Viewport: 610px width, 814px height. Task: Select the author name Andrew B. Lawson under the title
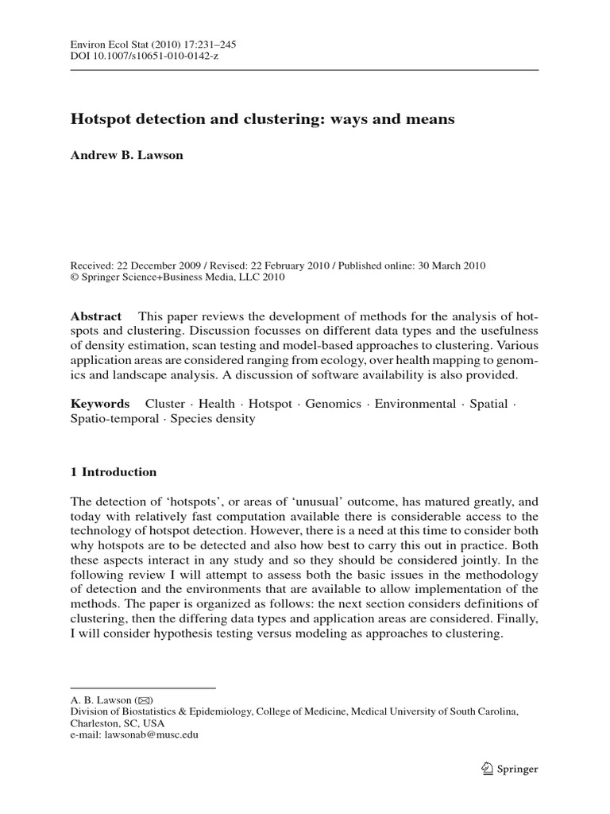click(126, 155)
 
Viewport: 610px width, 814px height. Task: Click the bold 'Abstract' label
click(96, 316)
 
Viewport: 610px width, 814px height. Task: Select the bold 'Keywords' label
click(100, 404)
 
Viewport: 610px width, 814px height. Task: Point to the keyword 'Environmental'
click(415, 404)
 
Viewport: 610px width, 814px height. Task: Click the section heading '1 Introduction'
click(114, 472)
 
